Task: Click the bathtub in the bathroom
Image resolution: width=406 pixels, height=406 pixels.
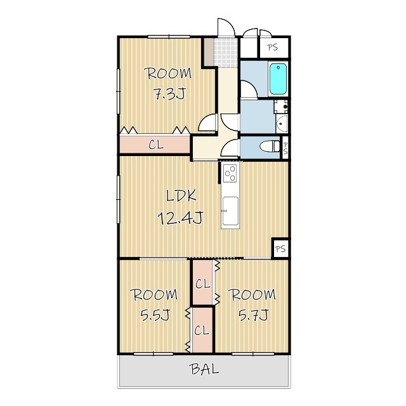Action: pyautogui.click(x=278, y=79)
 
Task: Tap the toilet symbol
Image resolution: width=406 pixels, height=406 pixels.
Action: pyautogui.click(x=270, y=147)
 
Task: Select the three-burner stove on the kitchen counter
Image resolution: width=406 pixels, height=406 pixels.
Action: pyautogui.click(x=230, y=173)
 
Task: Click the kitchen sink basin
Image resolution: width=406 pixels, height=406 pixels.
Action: pyautogui.click(x=230, y=211)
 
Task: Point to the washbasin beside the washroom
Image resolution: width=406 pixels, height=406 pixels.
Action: pyautogui.click(x=282, y=124)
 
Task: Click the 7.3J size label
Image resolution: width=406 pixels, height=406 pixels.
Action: pyautogui.click(x=169, y=94)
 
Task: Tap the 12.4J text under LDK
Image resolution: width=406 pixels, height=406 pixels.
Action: pyautogui.click(x=180, y=218)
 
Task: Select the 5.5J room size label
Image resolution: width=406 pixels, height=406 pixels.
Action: pyautogui.click(x=155, y=315)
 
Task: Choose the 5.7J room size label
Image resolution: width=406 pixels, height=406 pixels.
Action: pyautogui.click(x=253, y=315)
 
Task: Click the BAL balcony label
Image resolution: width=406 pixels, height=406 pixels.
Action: pyautogui.click(x=204, y=369)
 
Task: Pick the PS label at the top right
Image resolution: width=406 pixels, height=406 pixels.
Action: pyautogui.click(x=272, y=48)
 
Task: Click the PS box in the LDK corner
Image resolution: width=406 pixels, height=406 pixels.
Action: pyautogui.click(x=280, y=249)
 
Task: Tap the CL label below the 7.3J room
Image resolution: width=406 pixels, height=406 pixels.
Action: pyautogui.click(x=156, y=145)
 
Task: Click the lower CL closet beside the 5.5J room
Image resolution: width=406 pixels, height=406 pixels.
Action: pyautogui.click(x=202, y=331)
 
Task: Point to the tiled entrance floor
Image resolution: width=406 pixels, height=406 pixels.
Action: pyautogui.click(x=226, y=53)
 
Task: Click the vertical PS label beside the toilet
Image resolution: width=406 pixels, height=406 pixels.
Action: pyautogui.click(x=285, y=148)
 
